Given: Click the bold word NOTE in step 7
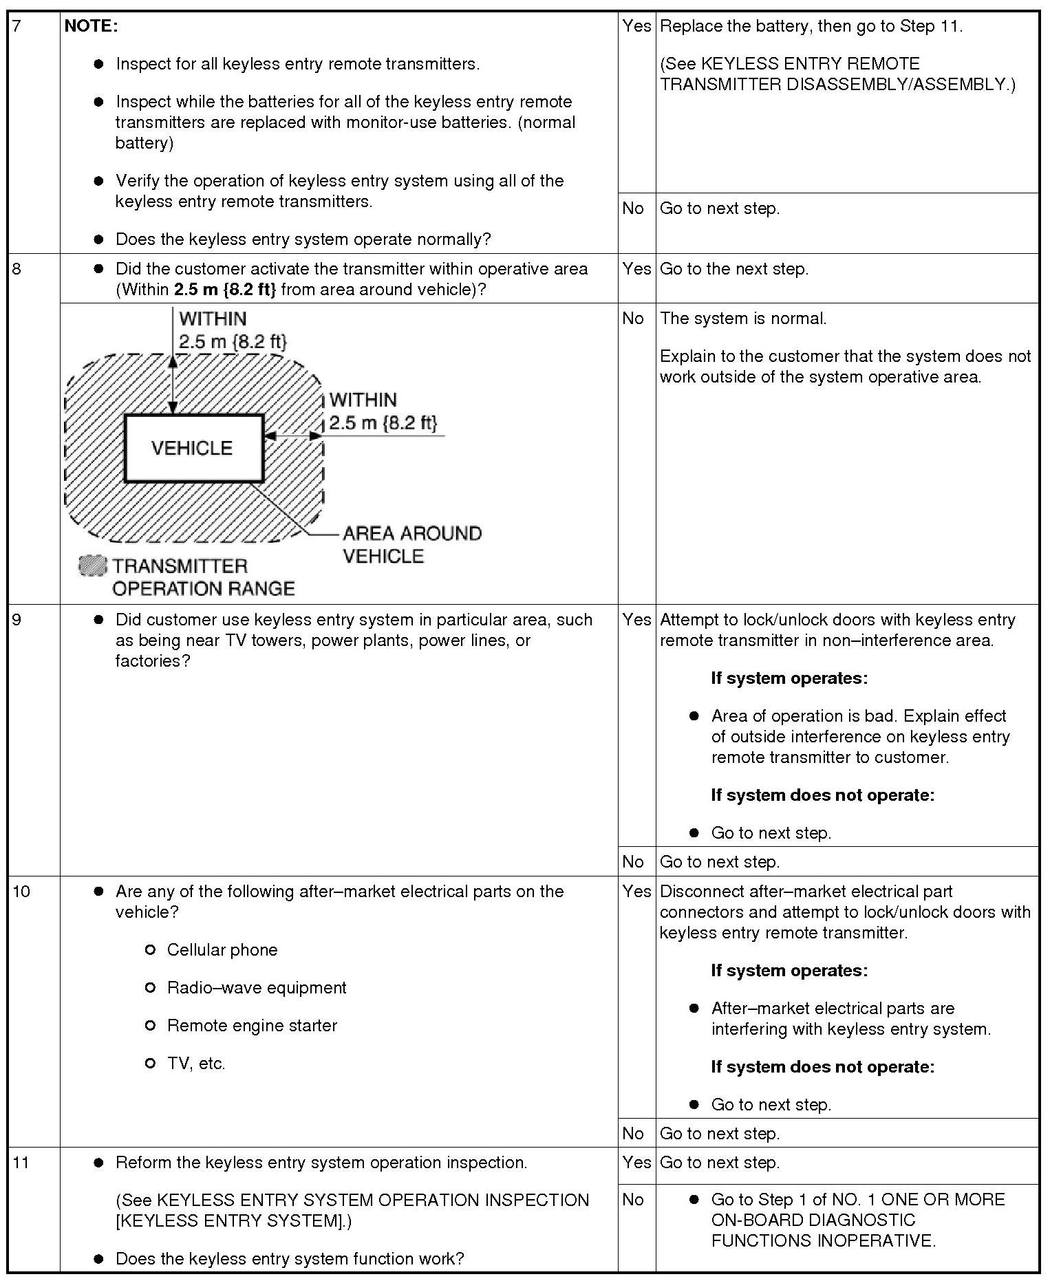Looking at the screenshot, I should (91, 26).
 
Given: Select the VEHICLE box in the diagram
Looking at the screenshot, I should (193, 448).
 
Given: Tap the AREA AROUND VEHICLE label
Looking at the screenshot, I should (411, 544).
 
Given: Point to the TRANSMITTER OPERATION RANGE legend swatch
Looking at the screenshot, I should (93, 566).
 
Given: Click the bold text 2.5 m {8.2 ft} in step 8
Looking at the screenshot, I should (225, 290).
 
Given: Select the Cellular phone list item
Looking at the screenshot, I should (222, 950).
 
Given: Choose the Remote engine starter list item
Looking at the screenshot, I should (252, 1026).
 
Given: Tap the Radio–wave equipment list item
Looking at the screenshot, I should (256, 988).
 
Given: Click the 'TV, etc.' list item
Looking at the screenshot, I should (196, 1064).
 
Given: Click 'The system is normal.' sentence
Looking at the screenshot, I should (743, 319).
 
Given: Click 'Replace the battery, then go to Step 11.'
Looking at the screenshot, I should (811, 26).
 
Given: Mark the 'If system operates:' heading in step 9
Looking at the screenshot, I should (789, 678).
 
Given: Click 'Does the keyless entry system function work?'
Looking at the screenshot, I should (290, 1259).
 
